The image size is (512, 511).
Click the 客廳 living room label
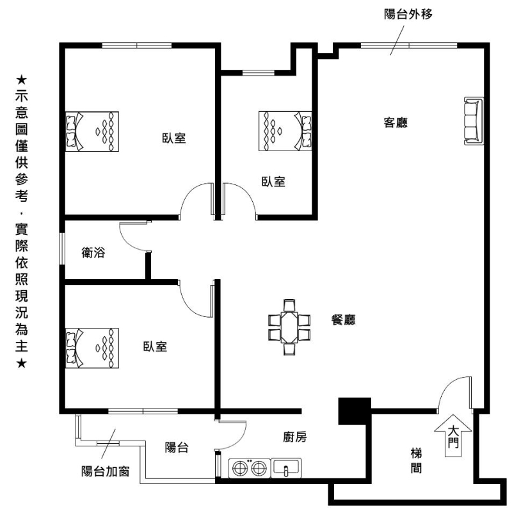(x=396, y=123)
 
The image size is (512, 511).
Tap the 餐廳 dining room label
(x=343, y=320)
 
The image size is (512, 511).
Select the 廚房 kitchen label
(x=295, y=437)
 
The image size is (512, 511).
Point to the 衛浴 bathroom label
(x=93, y=252)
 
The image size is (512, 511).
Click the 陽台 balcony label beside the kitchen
(x=177, y=448)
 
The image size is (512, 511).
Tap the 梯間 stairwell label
(x=416, y=460)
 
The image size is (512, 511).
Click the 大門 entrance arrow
(x=453, y=435)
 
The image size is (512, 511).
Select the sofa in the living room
(x=474, y=121)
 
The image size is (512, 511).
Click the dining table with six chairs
(x=289, y=327)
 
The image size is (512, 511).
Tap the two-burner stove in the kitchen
(x=250, y=468)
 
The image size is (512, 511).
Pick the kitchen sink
(x=286, y=467)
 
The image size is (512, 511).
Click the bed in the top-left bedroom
(x=92, y=132)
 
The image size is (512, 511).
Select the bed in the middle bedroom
(x=285, y=131)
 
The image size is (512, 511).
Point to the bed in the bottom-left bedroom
(x=92, y=348)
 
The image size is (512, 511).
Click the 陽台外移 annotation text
(x=408, y=14)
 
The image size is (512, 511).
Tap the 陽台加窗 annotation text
(x=106, y=471)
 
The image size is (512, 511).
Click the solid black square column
(x=355, y=411)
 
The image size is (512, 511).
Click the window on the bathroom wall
(x=61, y=248)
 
